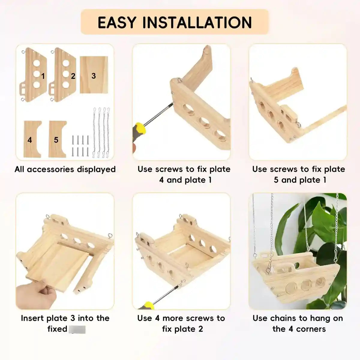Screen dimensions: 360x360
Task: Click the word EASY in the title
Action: (x=117, y=23)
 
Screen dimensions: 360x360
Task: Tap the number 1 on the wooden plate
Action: (x=43, y=76)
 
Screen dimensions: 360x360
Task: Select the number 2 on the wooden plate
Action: (x=73, y=76)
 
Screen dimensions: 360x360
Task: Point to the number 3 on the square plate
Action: (x=94, y=76)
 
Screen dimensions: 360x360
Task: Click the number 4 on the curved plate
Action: (x=30, y=140)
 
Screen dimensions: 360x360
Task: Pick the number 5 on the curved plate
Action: (x=56, y=140)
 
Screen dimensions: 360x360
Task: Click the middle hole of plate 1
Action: (x=37, y=74)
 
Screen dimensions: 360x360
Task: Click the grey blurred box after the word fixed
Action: (x=77, y=329)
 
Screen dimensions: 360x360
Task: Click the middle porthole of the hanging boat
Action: (x=306, y=284)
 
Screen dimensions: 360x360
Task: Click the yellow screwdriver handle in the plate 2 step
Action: (x=148, y=305)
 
